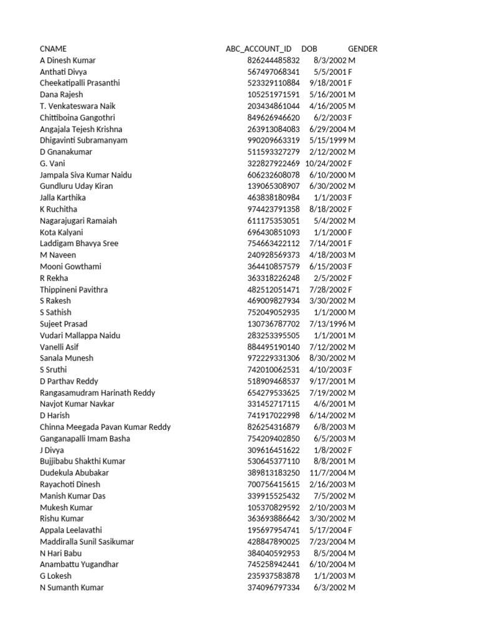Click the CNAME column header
pyautogui.click(x=53, y=49)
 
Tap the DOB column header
pyautogui.click(x=309, y=49)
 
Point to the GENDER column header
pyautogui.click(x=362, y=49)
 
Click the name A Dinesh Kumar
pyautogui.click(x=68, y=60)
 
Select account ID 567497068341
pyautogui.click(x=273, y=72)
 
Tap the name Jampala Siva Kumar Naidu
pyautogui.click(x=86, y=175)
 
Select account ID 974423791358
pyautogui.click(x=273, y=209)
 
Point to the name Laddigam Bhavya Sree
pyautogui.click(x=79, y=244)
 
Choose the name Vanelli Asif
pyautogui.click(x=59, y=347)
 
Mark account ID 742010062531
pyautogui.click(x=273, y=369)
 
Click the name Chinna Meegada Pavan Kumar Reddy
pyautogui.click(x=105, y=427)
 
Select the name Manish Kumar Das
pyautogui.click(x=73, y=496)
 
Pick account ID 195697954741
pyautogui.click(x=273, y=530)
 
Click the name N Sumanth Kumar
pyautogui.click(x=72, y=588)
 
